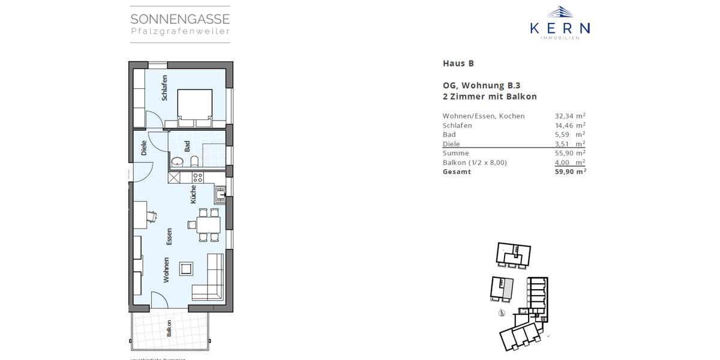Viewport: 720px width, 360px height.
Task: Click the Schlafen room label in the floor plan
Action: (x=164, y=88)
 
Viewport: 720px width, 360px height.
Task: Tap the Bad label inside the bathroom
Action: (x=188, y=146)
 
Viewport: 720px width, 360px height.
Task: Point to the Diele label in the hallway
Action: (x=144, y=148)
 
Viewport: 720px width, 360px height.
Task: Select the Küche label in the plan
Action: (x=193, y=194)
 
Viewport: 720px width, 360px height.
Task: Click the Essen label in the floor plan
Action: (x=170, y=236)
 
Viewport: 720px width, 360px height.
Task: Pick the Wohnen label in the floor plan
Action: (x=166, y=270)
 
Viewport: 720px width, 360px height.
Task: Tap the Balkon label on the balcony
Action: (x=170, y=329)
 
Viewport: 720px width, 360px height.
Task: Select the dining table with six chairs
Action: (x=204, y=224)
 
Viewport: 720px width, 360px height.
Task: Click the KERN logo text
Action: (x=560, y=28)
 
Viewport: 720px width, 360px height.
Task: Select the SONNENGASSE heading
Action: (x=180, y=19)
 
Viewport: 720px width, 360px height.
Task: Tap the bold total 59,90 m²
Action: (x=570, y=172)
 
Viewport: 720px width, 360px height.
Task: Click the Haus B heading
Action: (x=458, y=63)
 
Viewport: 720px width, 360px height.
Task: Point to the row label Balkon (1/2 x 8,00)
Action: (x=474, y=163)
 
